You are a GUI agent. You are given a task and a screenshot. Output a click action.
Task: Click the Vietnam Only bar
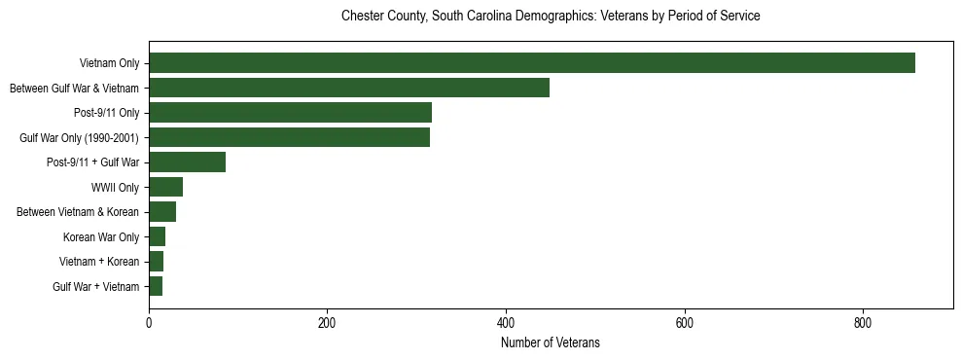[x=531, y=63]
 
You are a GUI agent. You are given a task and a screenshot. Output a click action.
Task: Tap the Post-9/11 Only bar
[x=290, y=113]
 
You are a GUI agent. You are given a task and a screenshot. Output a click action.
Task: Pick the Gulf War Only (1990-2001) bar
[x=289, y=137]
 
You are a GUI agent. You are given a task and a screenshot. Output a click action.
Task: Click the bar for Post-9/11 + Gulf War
[x=187, y=162]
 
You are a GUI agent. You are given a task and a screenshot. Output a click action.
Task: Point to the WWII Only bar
[x=165, y=187]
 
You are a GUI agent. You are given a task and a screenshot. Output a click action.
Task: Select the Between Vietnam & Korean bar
[x=162, y=212]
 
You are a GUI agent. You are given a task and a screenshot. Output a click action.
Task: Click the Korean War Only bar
[x=157, y=236]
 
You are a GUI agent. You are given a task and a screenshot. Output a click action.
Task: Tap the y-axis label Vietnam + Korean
[x=99, y=262]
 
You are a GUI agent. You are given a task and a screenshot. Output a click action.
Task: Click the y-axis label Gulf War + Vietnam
[x=96, y=287]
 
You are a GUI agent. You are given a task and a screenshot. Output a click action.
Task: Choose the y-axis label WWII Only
[x=115, y=188]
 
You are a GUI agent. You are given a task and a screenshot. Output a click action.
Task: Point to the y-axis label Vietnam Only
[x=109, y=63]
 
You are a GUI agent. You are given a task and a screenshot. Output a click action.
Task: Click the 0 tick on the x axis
[x=149, y=323]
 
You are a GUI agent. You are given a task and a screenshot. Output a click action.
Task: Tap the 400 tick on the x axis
[x=506, y=323]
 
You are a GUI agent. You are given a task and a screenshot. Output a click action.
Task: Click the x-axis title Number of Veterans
[x=550, y=342]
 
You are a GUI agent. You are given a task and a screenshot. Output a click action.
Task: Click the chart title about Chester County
[x=550, y=17]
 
